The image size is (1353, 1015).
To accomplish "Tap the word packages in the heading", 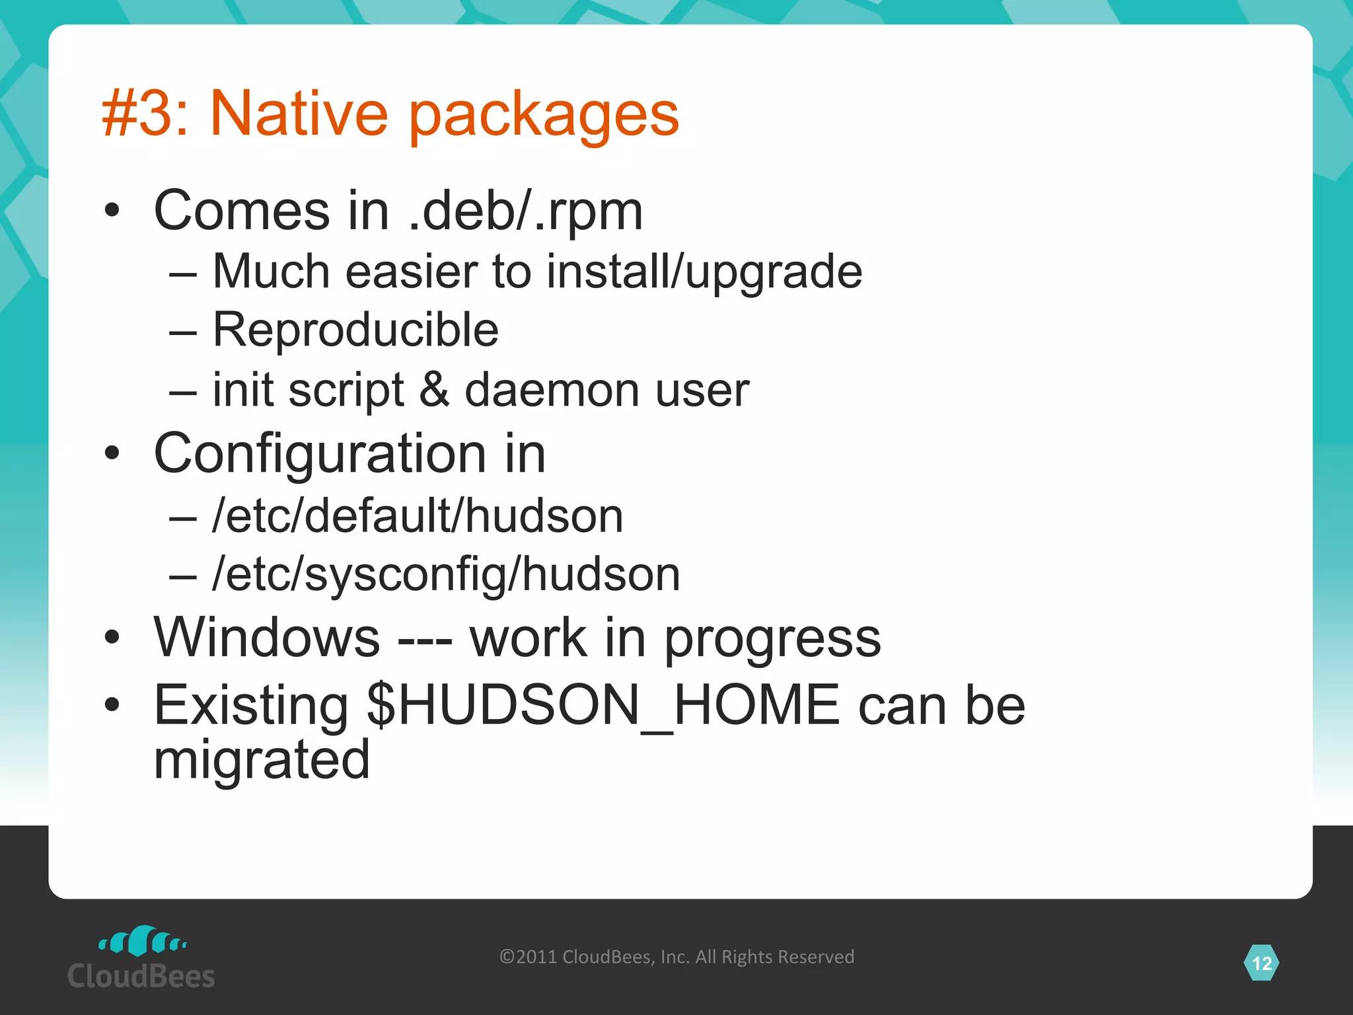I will [x=544, y=116].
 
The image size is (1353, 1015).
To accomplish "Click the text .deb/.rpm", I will [x=525, y=211].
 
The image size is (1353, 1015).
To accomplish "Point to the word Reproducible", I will [x=355, y=330].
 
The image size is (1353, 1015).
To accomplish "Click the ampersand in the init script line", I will [x=434, y=389].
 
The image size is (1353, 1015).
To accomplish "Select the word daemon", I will [x=552, y=390].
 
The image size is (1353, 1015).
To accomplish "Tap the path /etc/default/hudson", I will [x=418, y=515].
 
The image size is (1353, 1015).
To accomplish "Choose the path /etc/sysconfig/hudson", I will [x=446, y=574].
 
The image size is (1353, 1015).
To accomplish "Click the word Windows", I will [x=267, y=638].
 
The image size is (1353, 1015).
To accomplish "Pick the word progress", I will [x=772, y=640].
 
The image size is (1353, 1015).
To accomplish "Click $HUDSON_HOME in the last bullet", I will [x=603, y=706].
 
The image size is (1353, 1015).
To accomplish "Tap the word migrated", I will [x=262, y=760].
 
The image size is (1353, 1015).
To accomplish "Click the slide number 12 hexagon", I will [x=1261, y=963].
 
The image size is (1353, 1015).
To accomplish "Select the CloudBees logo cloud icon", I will [x=142, y=941].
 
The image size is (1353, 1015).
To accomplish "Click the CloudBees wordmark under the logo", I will [x=141, y=977].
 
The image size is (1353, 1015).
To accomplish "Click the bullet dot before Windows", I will [x=112, y=637].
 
